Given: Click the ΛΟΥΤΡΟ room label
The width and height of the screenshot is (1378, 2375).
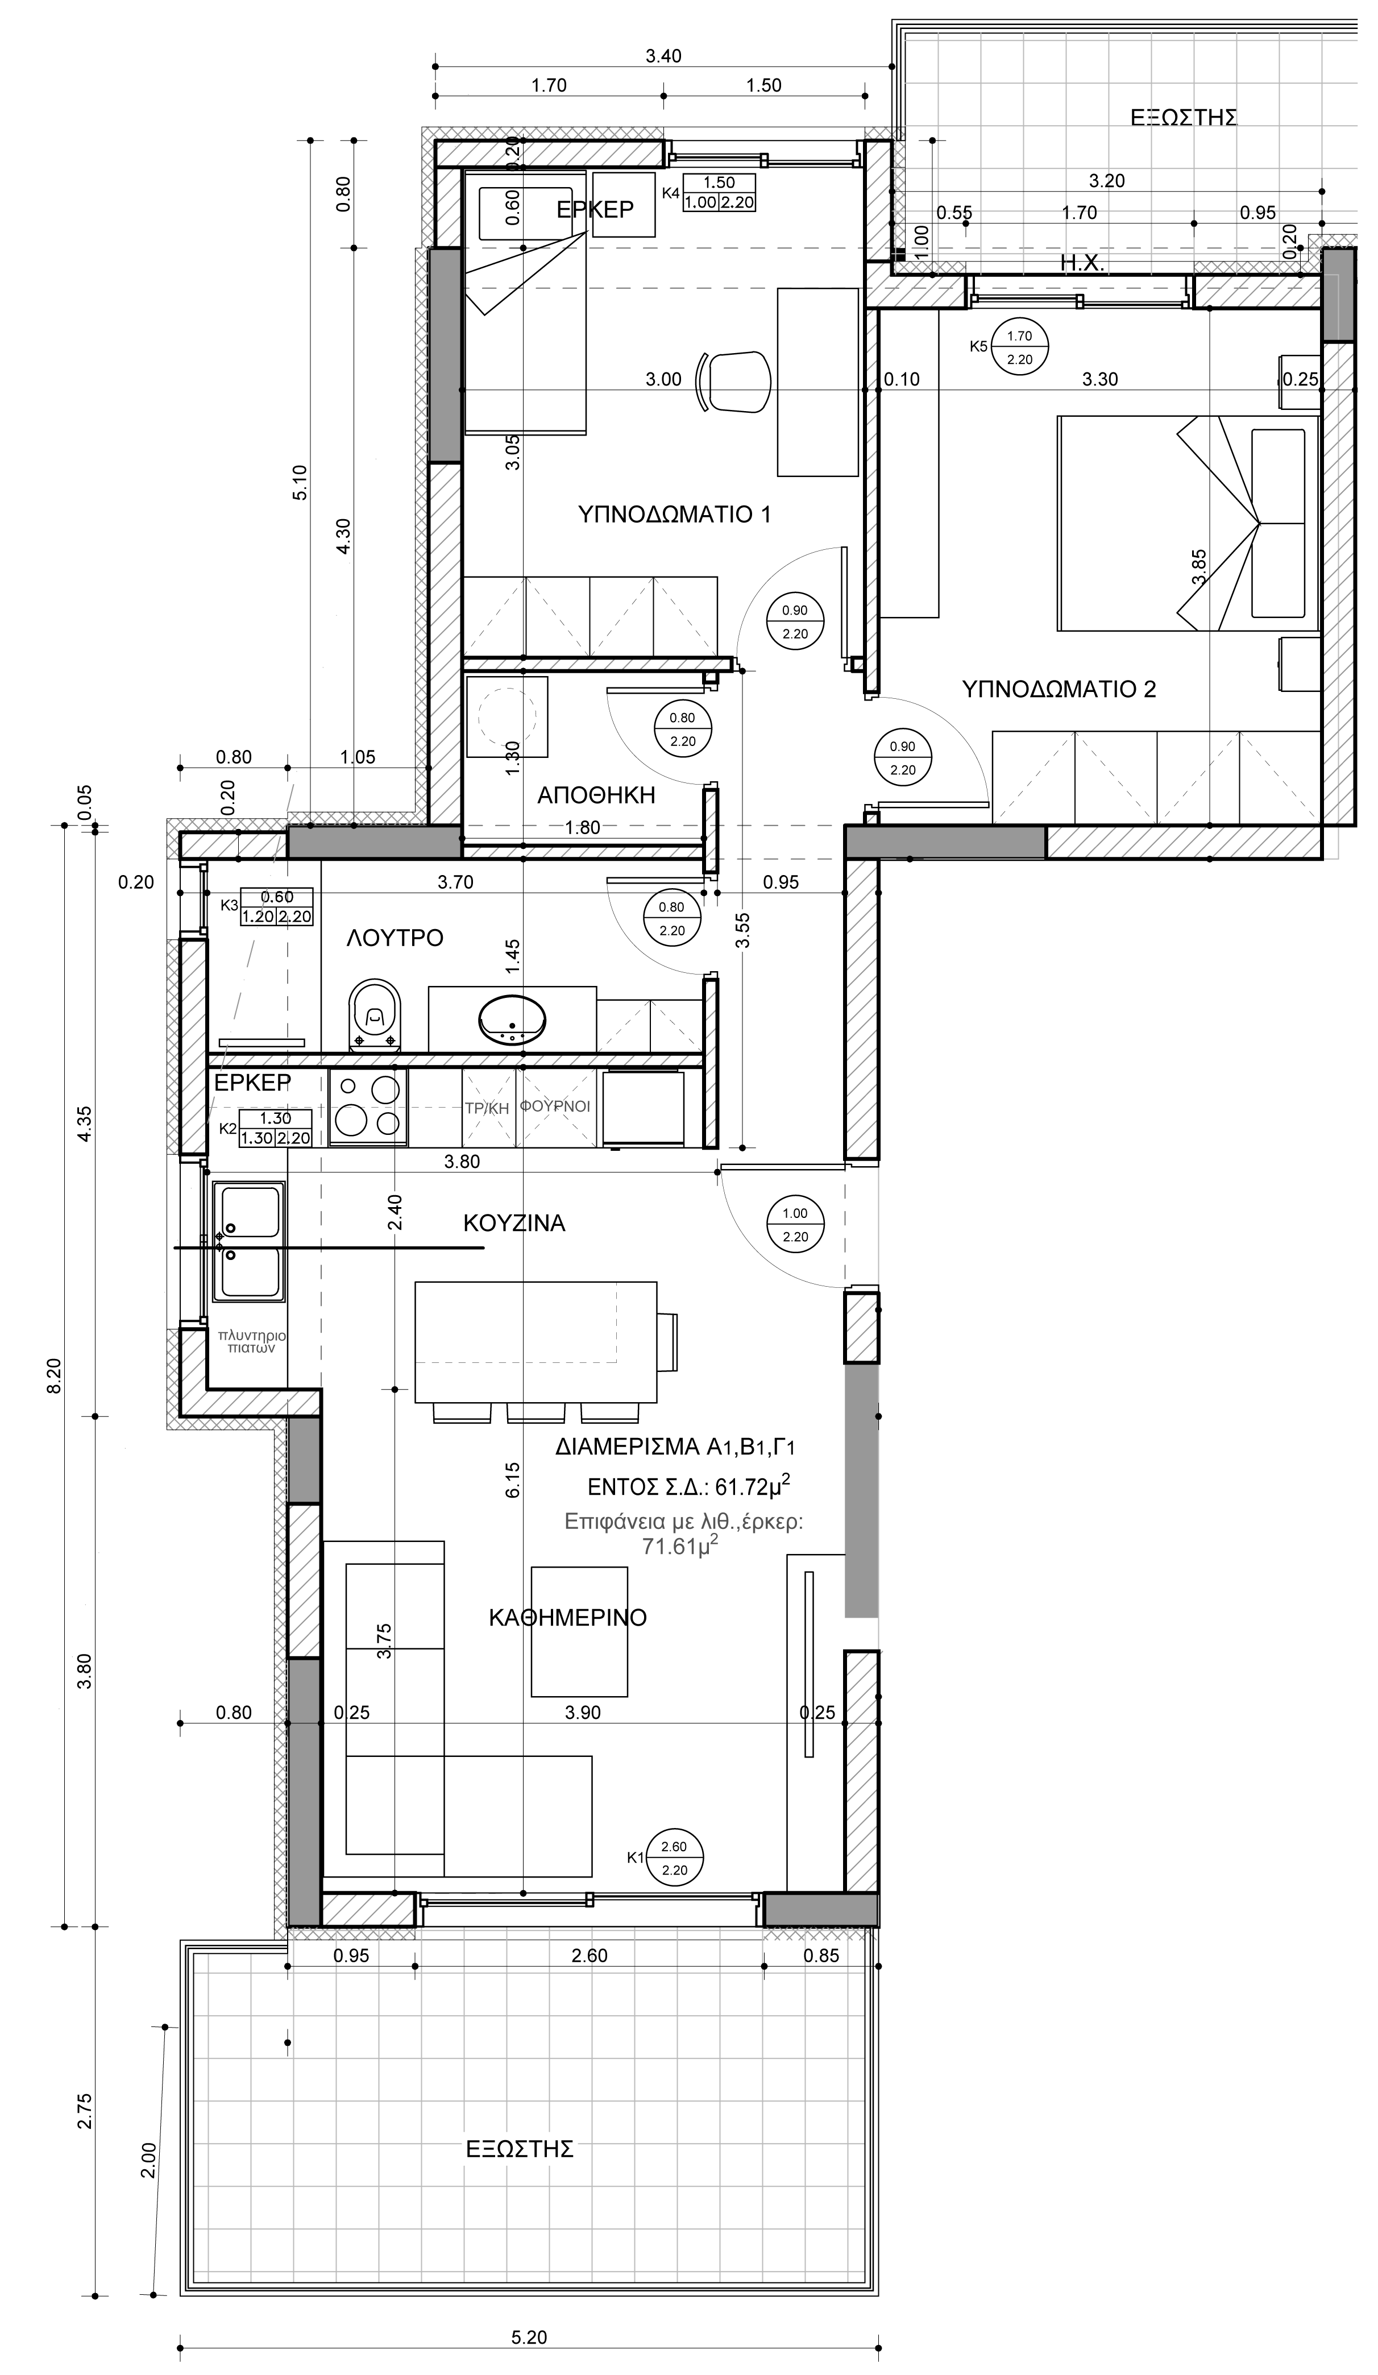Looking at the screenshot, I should point(395,938).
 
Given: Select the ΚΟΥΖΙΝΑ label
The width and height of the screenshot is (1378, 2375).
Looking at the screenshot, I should point(514,1223).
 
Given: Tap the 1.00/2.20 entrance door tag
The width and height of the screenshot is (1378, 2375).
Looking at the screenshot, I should point(795,1225).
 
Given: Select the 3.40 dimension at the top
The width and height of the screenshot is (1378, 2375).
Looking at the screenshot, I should point(663,56).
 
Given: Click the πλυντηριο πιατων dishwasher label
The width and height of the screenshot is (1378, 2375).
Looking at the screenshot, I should point(252,1342).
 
